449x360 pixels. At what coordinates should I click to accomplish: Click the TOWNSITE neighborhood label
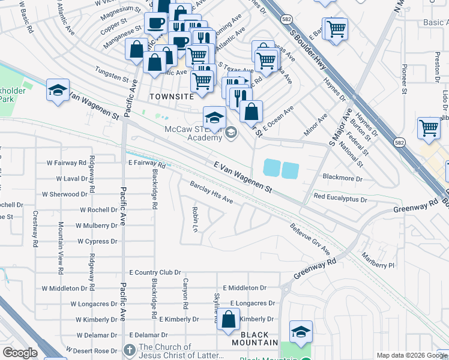coord(172,96)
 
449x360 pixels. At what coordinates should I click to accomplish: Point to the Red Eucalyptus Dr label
coord(340,197)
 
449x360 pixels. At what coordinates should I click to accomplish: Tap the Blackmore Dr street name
coord(343,178)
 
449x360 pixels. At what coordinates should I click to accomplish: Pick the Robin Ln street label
coord(195,220)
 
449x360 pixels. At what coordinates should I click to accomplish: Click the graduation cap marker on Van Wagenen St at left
coord(58,91)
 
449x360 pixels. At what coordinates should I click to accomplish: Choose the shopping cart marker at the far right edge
coord(429,128)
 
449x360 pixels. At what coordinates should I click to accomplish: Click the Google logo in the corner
coord(20,353)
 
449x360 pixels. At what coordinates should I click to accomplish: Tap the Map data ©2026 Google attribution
coord(411,355)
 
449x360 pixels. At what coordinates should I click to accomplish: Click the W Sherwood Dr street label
coord(64,194)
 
